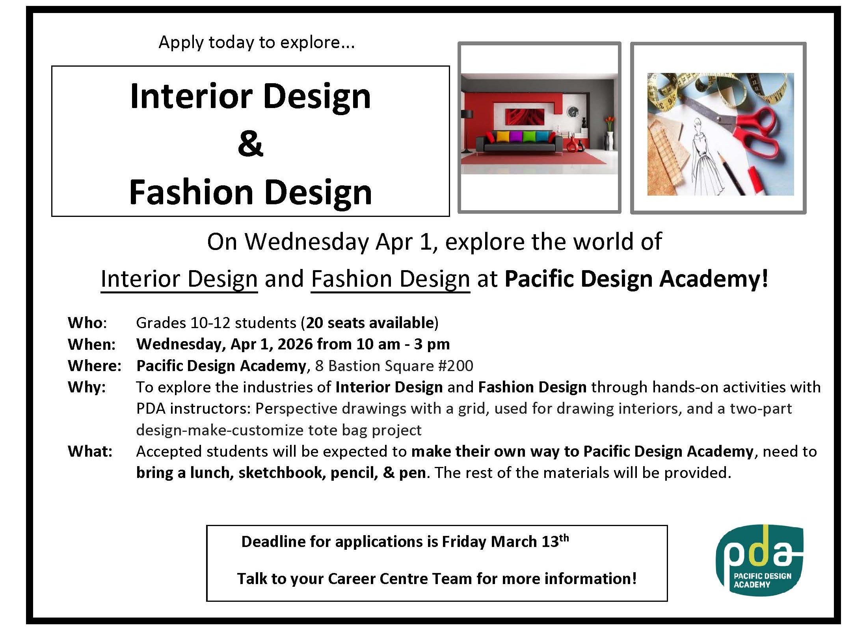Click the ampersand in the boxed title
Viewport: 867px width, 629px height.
[250, 144]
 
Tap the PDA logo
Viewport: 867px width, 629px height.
[759, 560]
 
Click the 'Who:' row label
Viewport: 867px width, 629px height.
[87, 323]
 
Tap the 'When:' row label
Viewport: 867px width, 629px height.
[91, 344]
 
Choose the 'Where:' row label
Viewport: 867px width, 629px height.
[95, 366]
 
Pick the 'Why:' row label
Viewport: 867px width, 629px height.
[87, 387]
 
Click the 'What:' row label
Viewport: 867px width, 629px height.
[90, 451]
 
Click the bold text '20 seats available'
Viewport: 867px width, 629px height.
[370, 323]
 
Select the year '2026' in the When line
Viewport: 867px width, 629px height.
[294, 344]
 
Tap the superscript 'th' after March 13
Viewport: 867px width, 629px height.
[564, 538]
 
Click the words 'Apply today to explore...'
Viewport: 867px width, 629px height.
[257, 42]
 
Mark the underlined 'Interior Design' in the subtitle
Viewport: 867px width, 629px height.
[179, 279]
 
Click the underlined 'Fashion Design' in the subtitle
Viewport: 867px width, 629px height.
[391, 279]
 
